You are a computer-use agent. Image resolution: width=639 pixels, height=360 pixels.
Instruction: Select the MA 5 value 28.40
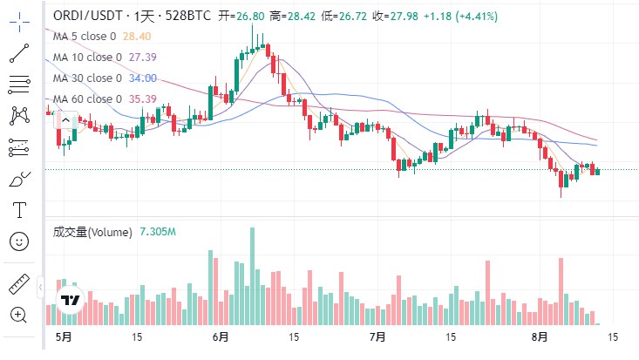137,36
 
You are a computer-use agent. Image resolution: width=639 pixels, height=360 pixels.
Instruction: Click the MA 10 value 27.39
142,57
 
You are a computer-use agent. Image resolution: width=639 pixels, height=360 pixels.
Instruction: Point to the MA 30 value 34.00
142,78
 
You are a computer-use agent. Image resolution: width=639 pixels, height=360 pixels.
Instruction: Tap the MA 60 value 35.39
142,98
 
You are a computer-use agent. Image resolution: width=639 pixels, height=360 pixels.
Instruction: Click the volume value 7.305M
158,232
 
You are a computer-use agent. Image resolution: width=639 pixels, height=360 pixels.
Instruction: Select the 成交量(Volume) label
92,232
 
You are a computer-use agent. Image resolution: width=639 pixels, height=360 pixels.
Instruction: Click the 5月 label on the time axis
62,336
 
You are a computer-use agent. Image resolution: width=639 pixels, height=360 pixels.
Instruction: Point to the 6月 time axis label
220,336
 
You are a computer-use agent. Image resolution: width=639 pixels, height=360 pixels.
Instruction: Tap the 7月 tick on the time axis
377,336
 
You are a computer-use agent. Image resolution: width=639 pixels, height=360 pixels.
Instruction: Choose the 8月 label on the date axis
540,336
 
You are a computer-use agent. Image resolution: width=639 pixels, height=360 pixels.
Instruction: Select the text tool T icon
18,209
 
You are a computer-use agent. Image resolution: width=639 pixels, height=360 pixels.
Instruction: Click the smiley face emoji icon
18,241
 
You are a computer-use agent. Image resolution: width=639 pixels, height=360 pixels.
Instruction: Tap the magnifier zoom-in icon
18,314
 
